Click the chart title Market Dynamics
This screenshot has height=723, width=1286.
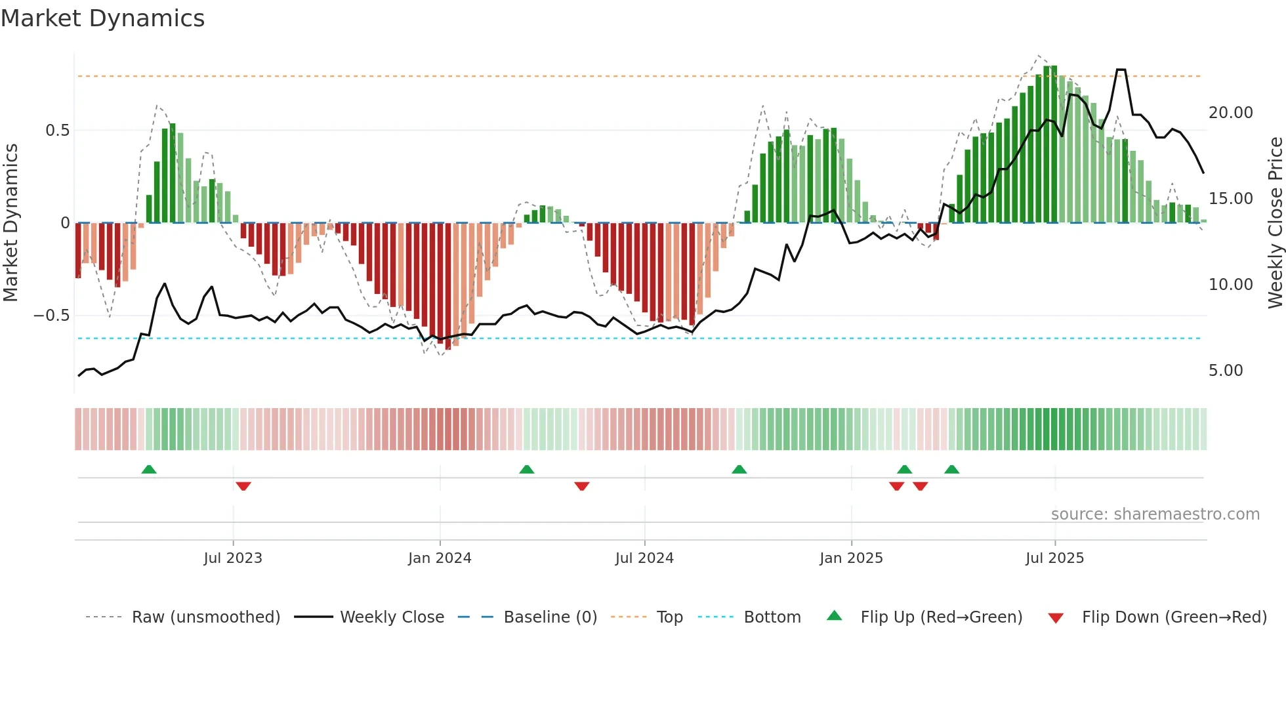click(x=103, y=18)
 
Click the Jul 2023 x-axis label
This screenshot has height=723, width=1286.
click(x=233, y=558)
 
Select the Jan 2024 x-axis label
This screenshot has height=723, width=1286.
click(x=440, y=558)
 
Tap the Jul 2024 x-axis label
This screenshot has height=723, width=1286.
click(x=644, y=558)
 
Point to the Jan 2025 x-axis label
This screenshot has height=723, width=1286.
click(x=851, y=558)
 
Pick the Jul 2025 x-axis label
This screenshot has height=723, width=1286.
click(x=1055, y=558)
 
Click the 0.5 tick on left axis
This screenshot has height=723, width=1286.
click(x=57, y=131)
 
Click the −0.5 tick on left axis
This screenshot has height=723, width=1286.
click(x=52, y=316)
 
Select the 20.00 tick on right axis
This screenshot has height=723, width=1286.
click(x=1231, y=113)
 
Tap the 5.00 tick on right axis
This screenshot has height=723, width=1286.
click(x=1226, y=371)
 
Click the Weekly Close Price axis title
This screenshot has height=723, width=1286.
click(x=1275, y=222)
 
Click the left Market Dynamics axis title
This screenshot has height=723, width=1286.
click(x=10, y=222)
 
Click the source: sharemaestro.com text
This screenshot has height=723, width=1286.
click(x=1155, y=514)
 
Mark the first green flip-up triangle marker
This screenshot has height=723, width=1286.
click(x=149, y=469)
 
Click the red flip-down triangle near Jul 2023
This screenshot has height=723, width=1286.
click(x=243, y=486)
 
